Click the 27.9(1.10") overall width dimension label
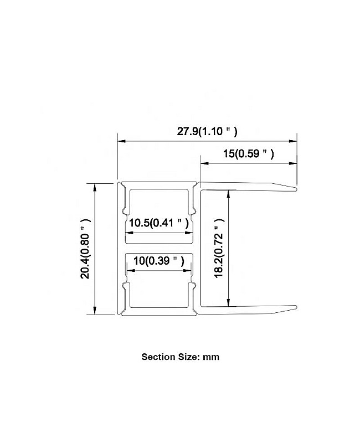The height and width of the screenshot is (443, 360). tap(207, 132)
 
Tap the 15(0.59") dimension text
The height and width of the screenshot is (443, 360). tap(248, 154)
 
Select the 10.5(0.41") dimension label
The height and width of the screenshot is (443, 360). tap(159, 223)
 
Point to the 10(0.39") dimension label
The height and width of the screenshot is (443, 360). tap(159, 261)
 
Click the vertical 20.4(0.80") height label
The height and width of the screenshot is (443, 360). tap(85, 249)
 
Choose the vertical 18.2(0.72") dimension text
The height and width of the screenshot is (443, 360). tap(219, 248)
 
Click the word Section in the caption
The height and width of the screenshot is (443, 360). tap(158, 357)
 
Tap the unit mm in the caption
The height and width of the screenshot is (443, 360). tap(211, 357)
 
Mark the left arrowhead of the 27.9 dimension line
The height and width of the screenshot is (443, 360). tap(121, 141)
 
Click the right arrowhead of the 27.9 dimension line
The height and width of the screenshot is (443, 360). tap(293, 141)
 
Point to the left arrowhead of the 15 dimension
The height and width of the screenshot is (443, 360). tap(204, 163)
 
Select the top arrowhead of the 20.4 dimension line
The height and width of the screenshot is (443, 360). tap(95, 187)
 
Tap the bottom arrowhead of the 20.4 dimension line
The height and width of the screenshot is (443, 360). tap(95, 310)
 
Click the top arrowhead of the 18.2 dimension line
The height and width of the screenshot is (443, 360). tap(229, 194)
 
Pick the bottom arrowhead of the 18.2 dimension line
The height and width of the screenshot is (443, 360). tap(229, 302)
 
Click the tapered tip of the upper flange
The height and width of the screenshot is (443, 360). tap(296, 189)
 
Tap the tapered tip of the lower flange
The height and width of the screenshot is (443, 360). tap(296, 307)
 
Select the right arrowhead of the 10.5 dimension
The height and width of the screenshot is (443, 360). tap(189, 233)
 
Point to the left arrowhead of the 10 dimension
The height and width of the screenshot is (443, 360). tap(131, 271)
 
